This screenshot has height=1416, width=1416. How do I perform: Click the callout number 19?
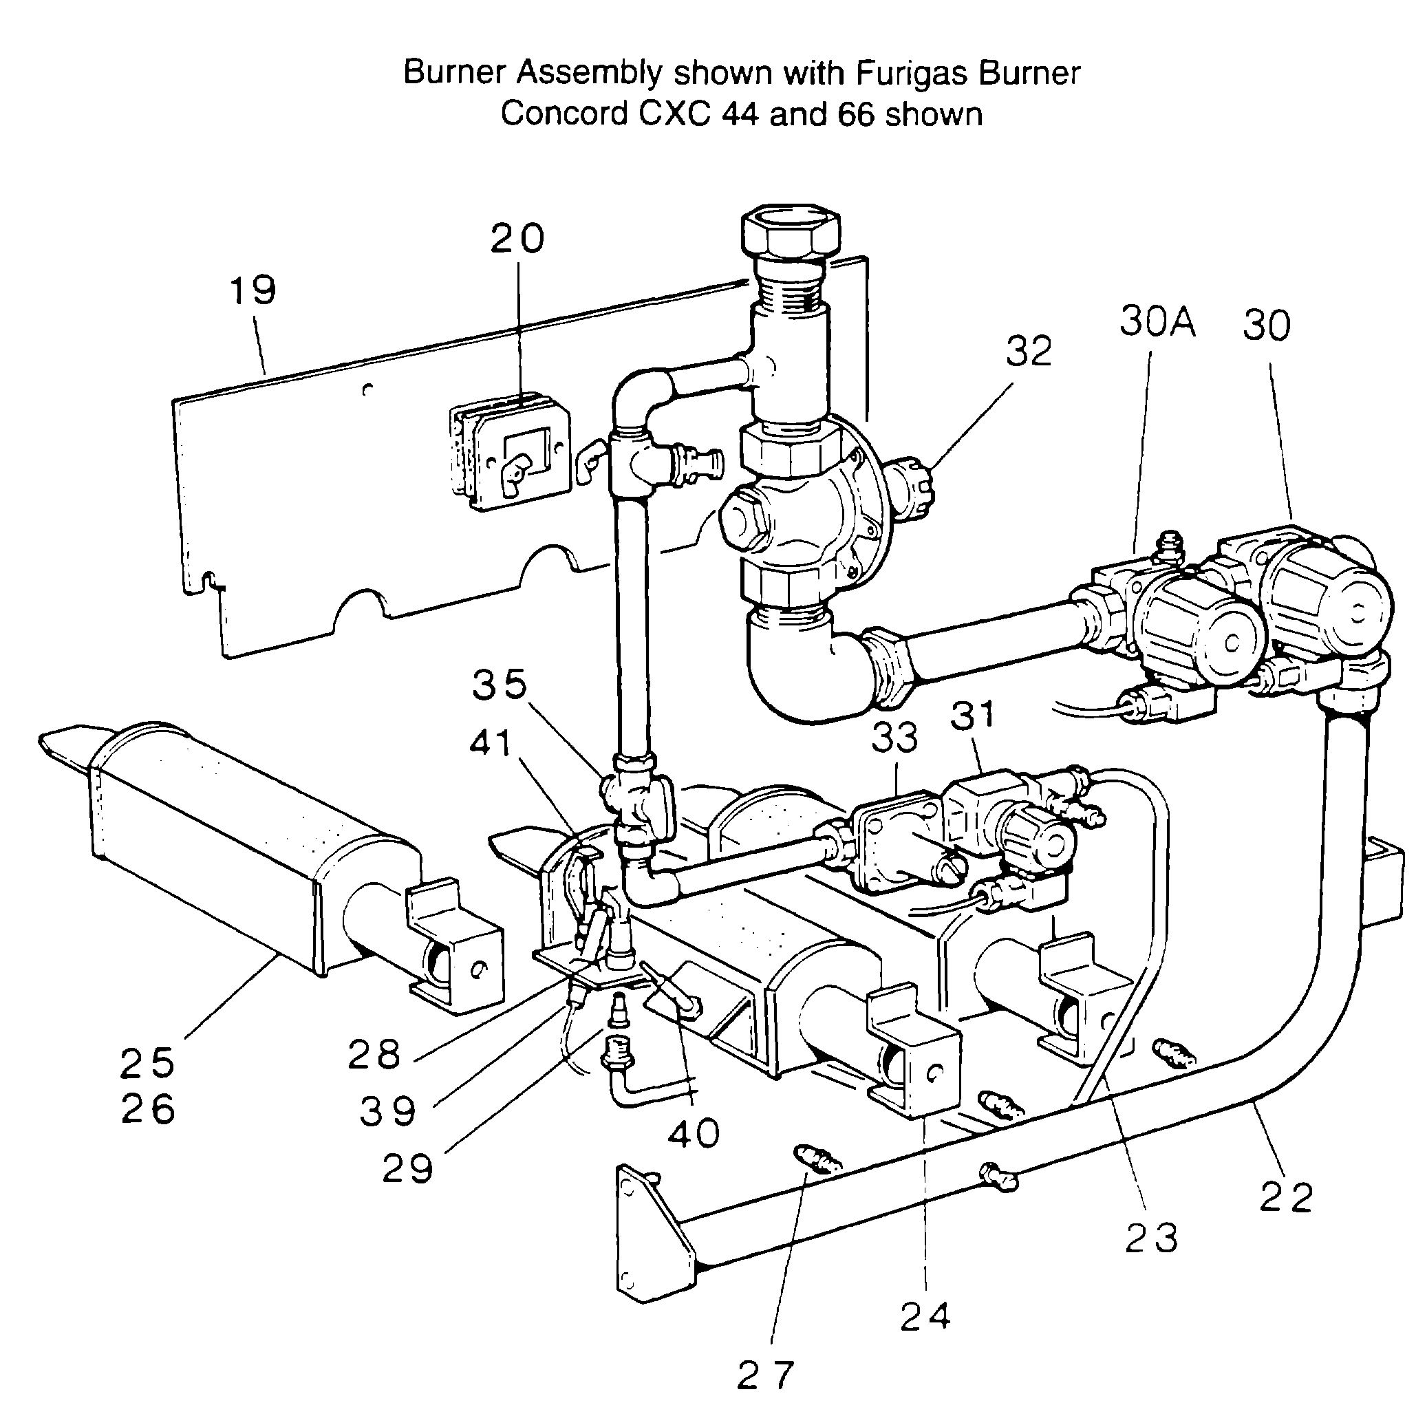point(253,290)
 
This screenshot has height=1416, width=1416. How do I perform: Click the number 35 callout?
point(500,685)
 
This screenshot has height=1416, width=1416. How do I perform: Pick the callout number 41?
point(491,743)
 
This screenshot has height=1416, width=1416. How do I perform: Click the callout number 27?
point(766,1374)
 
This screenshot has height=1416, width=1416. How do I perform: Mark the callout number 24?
point(925,1316)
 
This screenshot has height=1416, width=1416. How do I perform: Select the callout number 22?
point(1286,1199)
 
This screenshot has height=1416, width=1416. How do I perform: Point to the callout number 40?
point(694,1134)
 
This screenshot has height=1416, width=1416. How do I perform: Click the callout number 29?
point(408,1168)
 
